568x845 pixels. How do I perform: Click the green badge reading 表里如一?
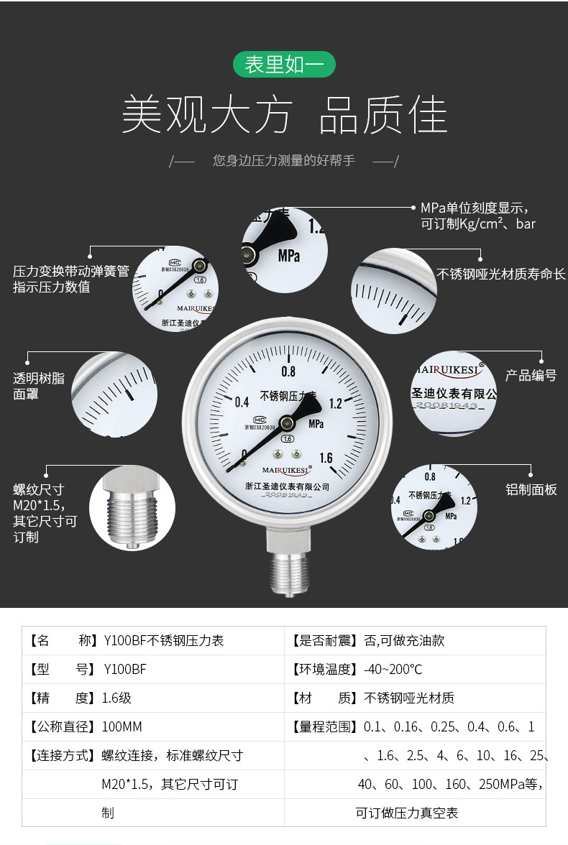(x=284, y=65)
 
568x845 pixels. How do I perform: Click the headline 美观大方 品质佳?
(x=284, y=115)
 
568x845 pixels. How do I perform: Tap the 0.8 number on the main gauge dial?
(x=288, y=371)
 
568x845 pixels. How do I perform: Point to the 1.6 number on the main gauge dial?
(x=326, y=458)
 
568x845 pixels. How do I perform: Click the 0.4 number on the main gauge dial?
(x=242, y=402)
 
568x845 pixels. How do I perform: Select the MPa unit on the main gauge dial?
(x=316, y=424)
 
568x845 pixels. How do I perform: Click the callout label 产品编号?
(x=531, y=375)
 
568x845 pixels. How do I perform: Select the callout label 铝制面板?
(x=531, y=490)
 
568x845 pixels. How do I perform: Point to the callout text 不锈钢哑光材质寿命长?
(x=501, y=274)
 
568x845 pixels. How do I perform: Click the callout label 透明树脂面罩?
(x=39, y=386)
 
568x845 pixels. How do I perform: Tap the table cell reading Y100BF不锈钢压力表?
(x=164, y=640)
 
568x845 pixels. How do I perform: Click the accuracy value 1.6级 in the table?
(x=116, y=698)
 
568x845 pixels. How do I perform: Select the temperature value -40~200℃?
(x=393, y=669)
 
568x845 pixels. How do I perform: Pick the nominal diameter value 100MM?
(x=122, y=726)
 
